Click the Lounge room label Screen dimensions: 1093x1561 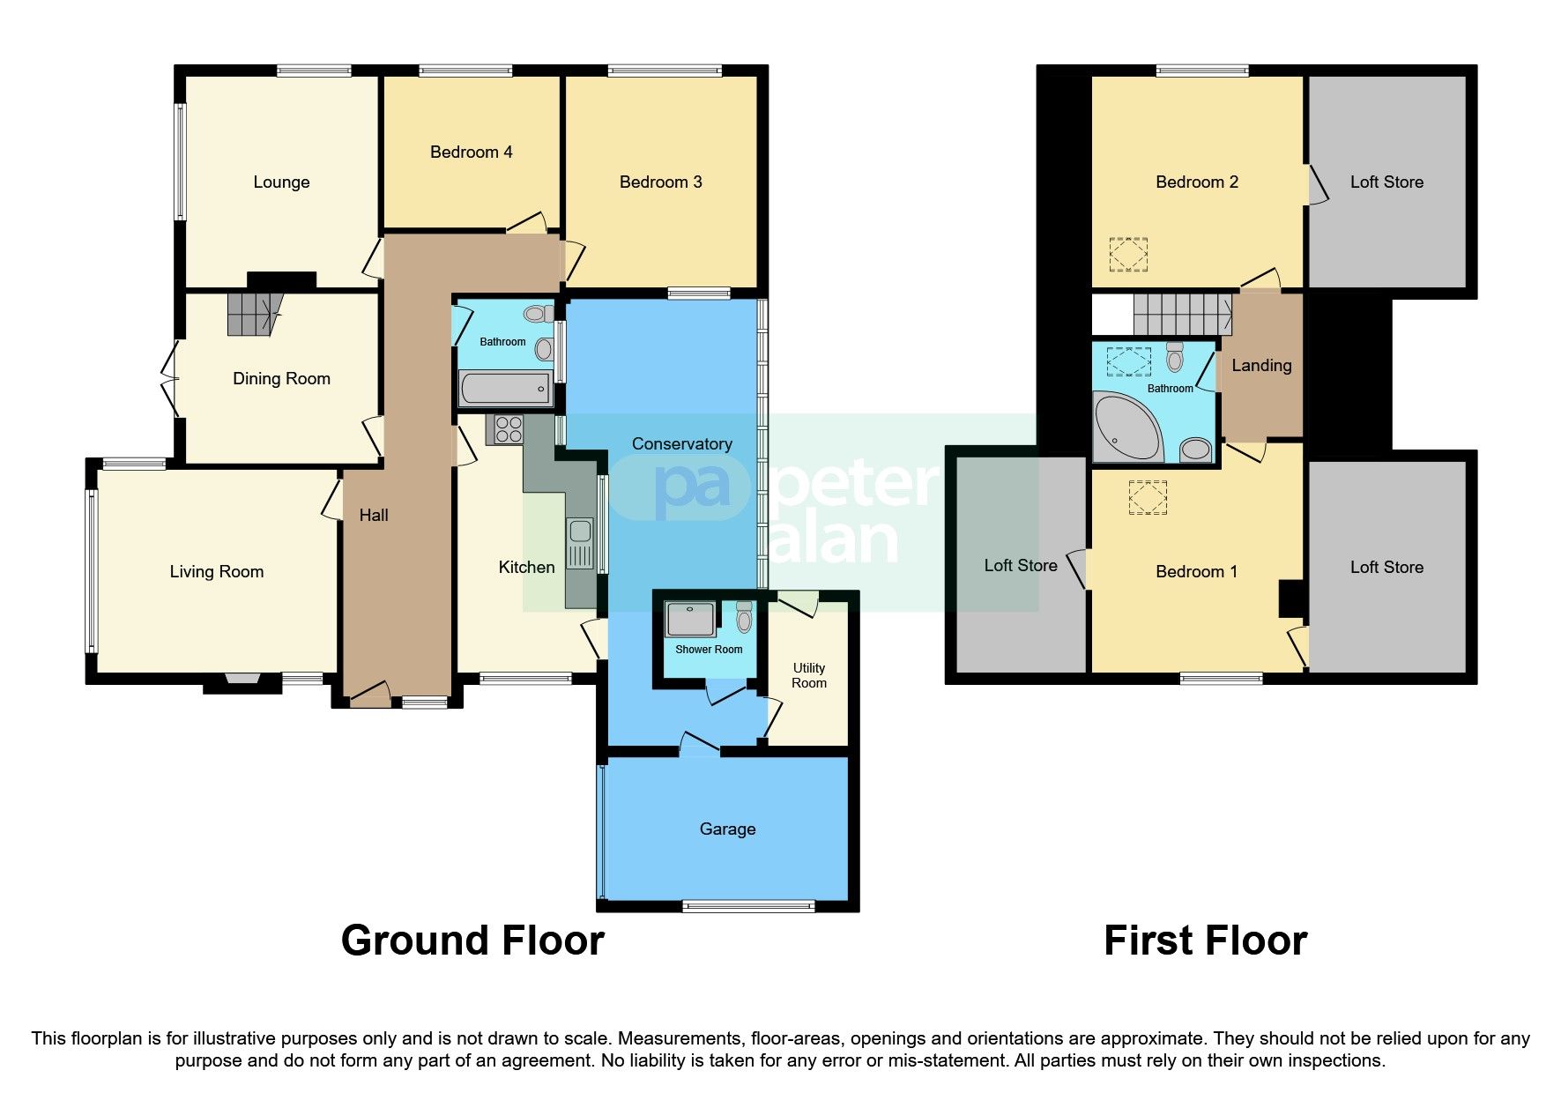(281, 182)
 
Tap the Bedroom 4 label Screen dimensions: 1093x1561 (471, 152)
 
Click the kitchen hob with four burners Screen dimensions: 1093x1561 (509, 429)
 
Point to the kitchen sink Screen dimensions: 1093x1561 (580, 531)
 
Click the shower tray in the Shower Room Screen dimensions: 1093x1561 (690, 619)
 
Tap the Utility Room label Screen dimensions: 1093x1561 (808, 675)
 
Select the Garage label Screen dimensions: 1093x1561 (727, 829)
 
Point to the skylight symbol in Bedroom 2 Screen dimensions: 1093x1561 (1128, 255)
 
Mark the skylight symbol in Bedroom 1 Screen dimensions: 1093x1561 (1148, 497)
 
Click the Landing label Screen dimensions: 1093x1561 (1261, 366)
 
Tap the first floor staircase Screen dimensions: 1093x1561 (1181, 314)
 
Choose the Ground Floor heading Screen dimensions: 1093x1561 (472, 941)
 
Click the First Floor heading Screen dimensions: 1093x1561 (1205, 941)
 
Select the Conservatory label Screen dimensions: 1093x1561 (681, 444)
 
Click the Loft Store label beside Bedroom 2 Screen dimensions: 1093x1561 (1386, 182)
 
